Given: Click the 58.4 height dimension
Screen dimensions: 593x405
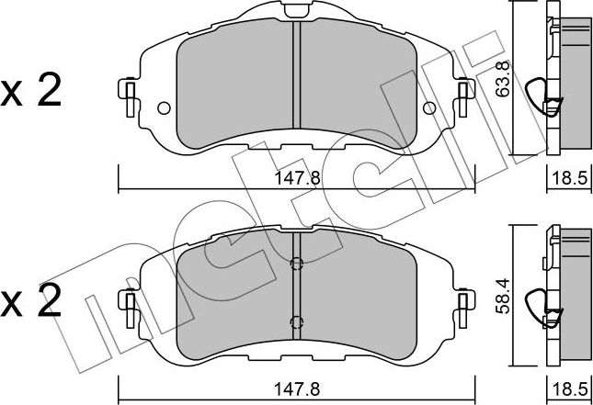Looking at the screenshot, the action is pyautogui.click(x=503, y=296).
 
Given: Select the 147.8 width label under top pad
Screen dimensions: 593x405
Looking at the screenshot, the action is pyautogui.click(x=297, y=178).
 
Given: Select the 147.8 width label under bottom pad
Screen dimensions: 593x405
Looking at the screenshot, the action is pyautogui.click(x=297, y=389).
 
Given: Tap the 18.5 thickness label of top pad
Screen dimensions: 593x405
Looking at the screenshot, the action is pyautogui.click(x=569, y=178).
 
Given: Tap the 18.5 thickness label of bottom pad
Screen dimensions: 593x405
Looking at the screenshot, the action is pyautogui.click(x=569, y=389).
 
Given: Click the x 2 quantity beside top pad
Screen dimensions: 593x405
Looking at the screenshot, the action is pyautogui.click(x=30, y=91).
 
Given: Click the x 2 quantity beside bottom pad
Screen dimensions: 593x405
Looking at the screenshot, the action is pyautogui.click(x=30, y=301).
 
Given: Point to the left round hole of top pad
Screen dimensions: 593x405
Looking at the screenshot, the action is pyautogui.click(x=165, y=108).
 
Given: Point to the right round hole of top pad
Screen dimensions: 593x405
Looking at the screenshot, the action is pyautogui.click(x=429, y=108).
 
